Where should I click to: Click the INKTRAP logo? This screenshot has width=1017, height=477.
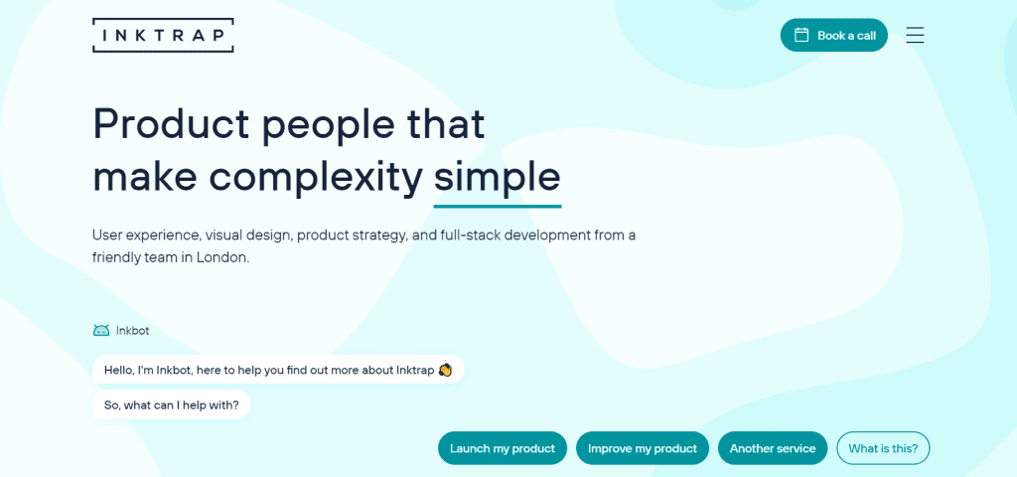[163, 35]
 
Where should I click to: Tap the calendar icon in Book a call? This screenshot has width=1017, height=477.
[801, 35]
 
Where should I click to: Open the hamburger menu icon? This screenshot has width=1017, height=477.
[915, 35]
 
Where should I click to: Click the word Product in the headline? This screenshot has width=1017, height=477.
[171, 123]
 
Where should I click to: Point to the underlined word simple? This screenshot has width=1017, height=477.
[497, 177]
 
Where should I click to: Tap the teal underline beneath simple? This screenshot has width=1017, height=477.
[498, 207]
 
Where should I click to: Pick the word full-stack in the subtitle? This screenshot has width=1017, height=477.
[470, 235]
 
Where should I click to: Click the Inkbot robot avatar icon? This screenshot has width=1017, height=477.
[101, 330]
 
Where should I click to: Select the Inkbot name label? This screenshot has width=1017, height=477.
[132, 330]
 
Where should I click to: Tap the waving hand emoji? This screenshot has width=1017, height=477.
[445, 370]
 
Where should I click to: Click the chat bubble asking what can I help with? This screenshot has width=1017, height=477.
[171, 405]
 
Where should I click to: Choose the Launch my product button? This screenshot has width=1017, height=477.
[503, 448]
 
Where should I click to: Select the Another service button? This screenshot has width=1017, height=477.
[773, 448]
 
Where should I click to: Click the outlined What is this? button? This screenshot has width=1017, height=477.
[883, 448]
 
